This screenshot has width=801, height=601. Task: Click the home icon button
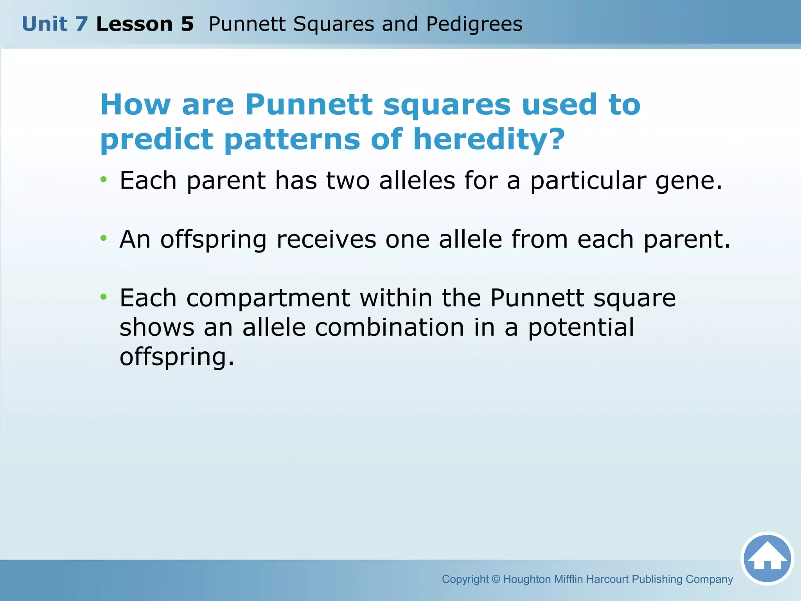(767, 558)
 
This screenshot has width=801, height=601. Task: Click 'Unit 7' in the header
(55, 24)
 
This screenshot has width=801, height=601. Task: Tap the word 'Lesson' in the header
(134, 24)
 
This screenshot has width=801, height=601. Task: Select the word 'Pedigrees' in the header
(474, 24)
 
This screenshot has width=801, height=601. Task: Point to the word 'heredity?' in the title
(489, 139)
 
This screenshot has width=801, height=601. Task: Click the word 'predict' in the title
(156, 140)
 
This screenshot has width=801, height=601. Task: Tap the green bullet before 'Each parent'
(103, 180)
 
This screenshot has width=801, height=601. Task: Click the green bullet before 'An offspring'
(103, 238)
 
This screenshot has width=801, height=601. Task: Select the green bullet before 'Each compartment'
(103, 297)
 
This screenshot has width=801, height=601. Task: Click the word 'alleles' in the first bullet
(417, 181)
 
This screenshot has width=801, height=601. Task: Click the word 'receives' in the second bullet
(326, 239)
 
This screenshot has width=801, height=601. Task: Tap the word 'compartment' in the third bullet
(268, 299)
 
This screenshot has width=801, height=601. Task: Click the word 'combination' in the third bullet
(390, 327)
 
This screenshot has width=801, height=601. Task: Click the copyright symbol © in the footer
(496, 579)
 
